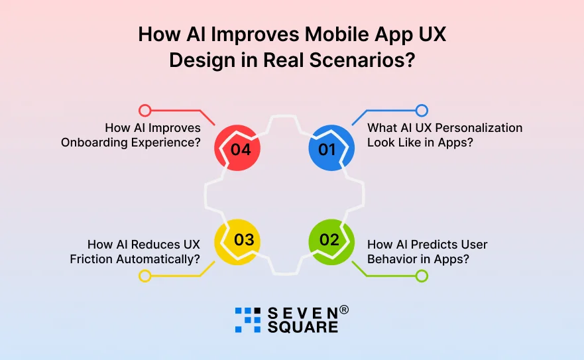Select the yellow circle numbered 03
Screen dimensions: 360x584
click(237, 240)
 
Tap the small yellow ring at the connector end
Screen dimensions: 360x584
click(145, 276)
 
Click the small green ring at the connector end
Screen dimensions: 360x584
click(422, 275)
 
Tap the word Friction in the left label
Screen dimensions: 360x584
click(92, 259)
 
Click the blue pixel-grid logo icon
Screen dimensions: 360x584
click(248, 320)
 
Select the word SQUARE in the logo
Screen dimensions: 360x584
click(303, 327)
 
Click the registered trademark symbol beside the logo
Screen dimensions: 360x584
click(344, 310)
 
